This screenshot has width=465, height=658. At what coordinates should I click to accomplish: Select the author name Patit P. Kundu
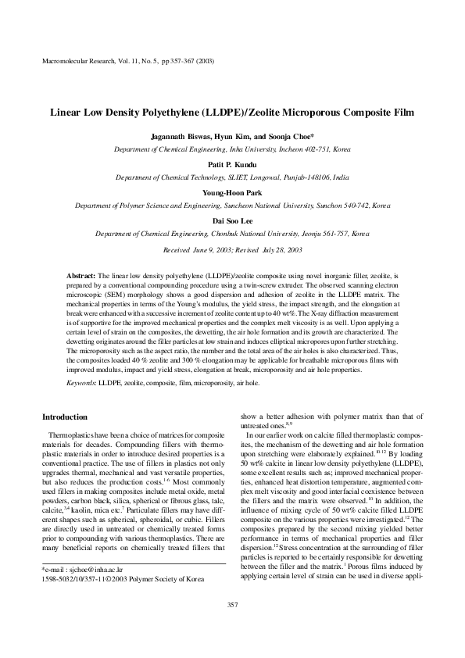pos(232,166)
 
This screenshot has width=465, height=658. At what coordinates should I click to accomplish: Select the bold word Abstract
pos(81,277)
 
